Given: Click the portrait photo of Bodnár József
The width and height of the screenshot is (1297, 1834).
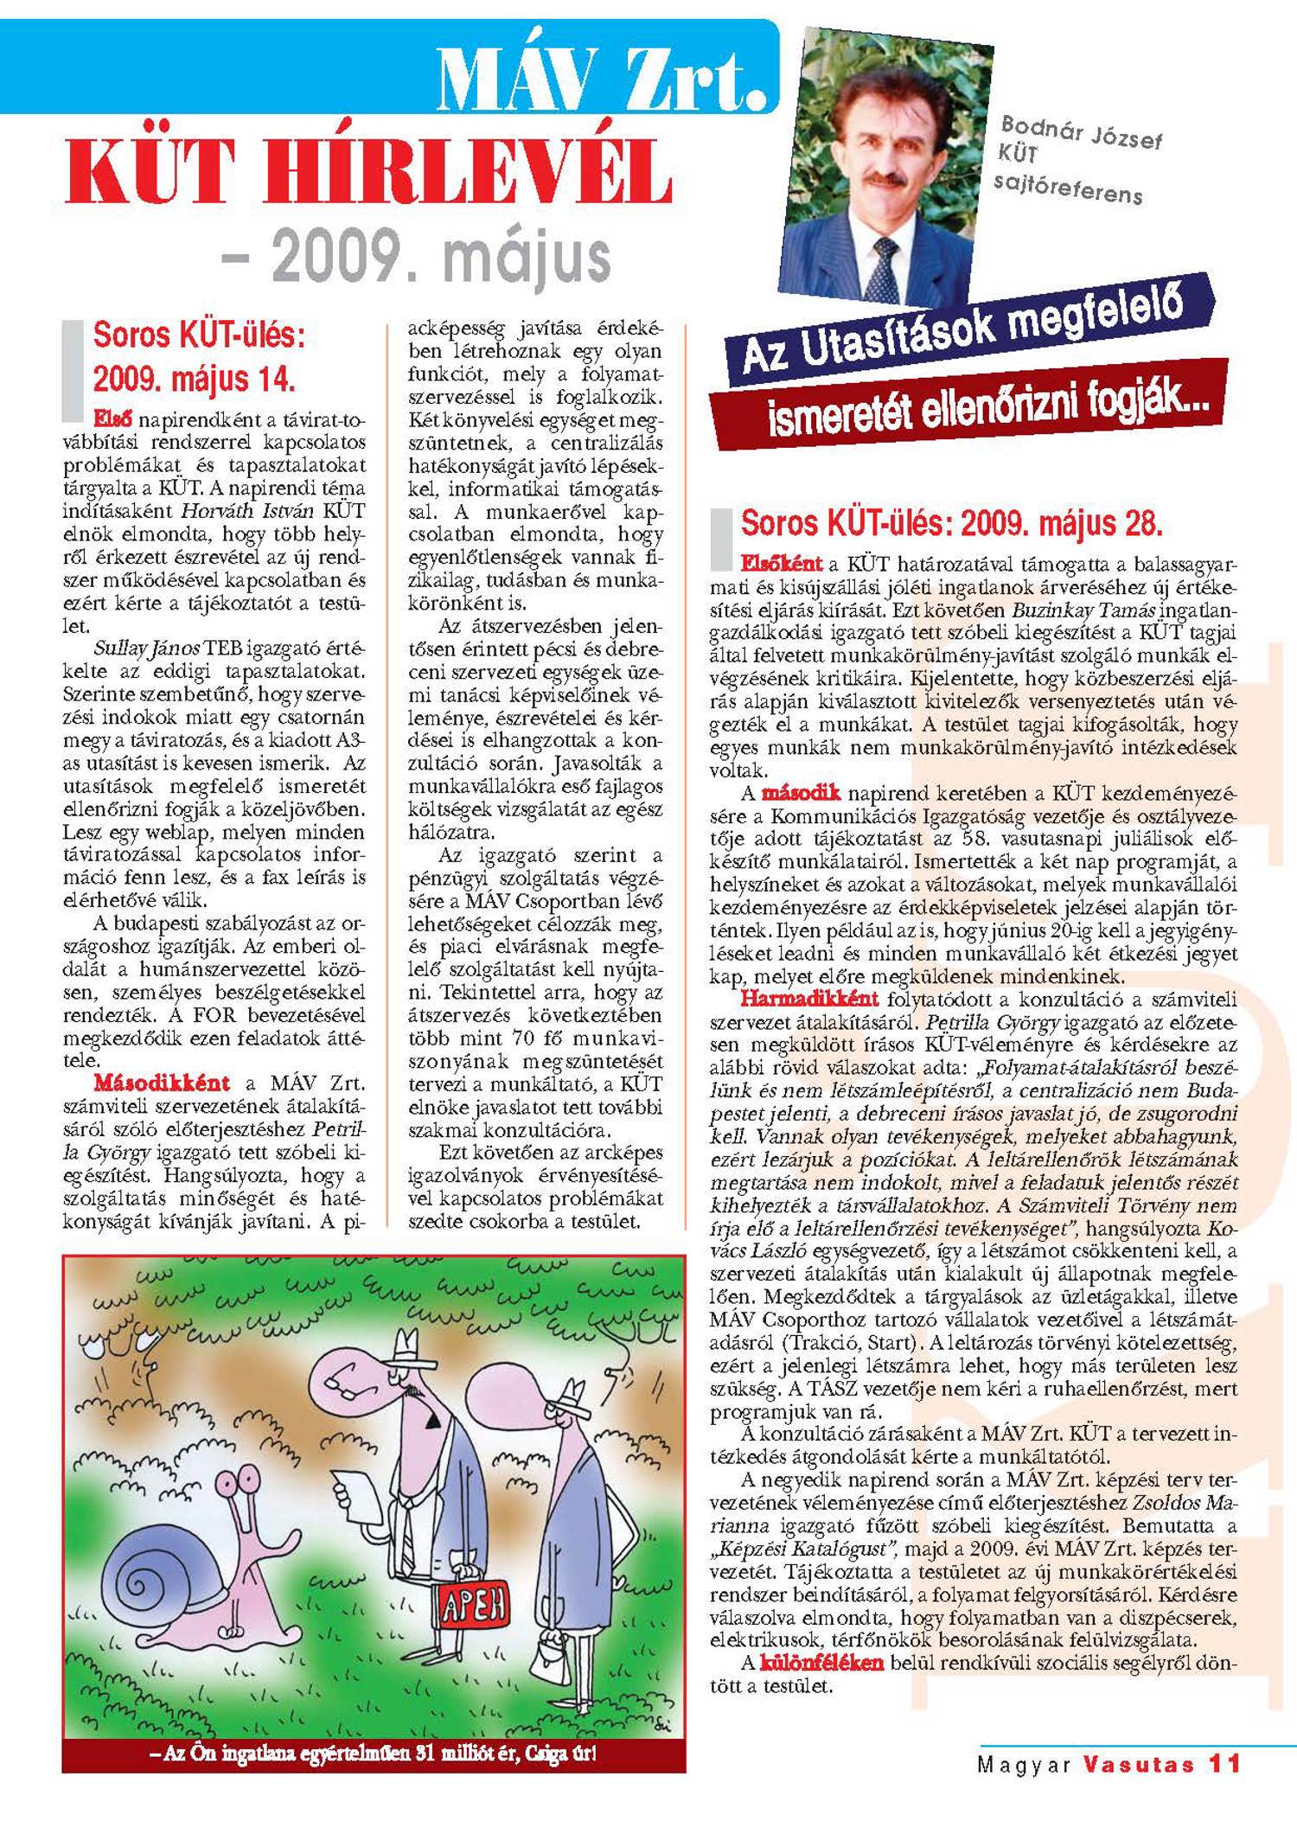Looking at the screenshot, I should pos(891,169).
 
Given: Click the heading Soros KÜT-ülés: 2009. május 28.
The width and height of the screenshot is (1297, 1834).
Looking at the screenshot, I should pos(951,524).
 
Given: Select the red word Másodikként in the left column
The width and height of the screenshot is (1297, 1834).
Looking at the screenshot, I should pos(162,1083).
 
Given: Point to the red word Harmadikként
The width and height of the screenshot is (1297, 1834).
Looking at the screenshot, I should pos(808,999).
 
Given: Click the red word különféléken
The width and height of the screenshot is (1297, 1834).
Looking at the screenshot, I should pos(821,1662).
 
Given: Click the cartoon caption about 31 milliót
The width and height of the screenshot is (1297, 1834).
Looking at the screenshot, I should pos(374,1754).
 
